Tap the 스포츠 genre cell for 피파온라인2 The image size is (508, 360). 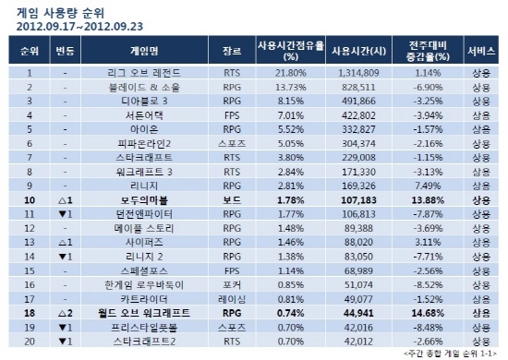tap(231, 144)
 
